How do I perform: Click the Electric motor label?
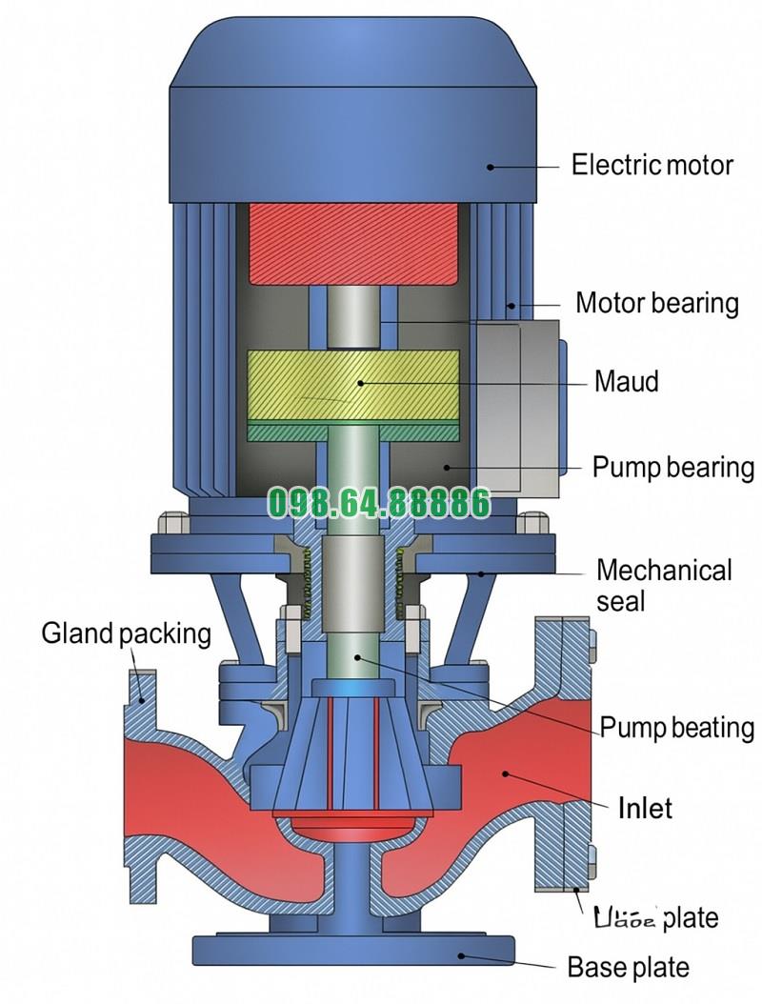pyautogui.click(x=652, y=165)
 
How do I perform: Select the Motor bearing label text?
pyautogui.click(x=657, y=304)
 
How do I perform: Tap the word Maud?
pyautogui.click(x=626, y=382)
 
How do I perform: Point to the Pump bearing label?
pyautogui.click(x=672, y=468)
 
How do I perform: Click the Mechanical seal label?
pyautogui.click(x=664, y=585)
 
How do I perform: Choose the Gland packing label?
pyautogui.click(x=126, y=633)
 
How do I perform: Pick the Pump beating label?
pyautogui.click(x=676, y=729)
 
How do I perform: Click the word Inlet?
pyautogui.click(x=645, y=809)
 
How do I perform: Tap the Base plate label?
pyautogui.click(x=628, y=968)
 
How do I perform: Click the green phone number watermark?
pyautogui.click(x=379, y=503)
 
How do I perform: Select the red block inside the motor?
pyautogui.click(x=353, y=243)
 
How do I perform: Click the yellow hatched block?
pyautogui.click(x=353, y=385)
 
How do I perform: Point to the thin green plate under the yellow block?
pyautogui.click(x=353, y=432)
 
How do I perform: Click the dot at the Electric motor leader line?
pyautogui.click(x=491, y=166)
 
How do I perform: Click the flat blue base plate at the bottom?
pyautogui.click(x=353, y=950)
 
